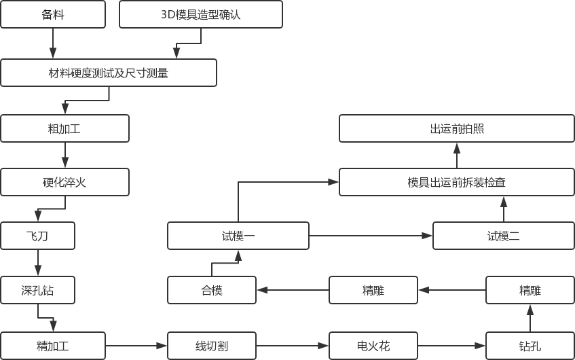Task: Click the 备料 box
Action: (53, 14)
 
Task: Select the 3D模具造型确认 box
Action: (201, 14)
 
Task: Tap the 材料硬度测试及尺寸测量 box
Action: (109, 73)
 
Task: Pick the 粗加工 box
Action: (65, 128)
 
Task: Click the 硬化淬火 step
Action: (65, 182)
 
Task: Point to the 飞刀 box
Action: (38, 236)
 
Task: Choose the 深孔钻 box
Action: (38, 290)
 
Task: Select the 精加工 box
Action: (53, 346)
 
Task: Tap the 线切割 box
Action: (212, 346)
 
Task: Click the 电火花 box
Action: (373, 346)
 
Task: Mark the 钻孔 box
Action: (530, 346)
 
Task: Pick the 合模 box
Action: (212, 290)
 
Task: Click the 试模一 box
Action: (238, 236)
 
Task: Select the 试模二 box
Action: (504, 236)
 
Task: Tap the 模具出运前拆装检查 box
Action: (457, 182)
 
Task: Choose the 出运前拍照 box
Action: (457, 128)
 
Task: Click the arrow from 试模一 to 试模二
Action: (371, 236)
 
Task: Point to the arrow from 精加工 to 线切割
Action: (136, 346)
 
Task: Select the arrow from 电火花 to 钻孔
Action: (452, 346)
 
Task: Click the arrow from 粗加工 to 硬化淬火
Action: (65, 156)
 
